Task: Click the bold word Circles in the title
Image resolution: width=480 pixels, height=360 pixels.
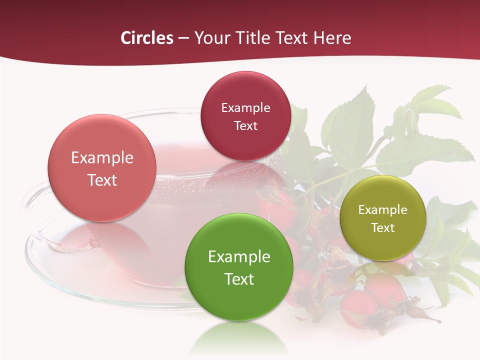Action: point(147,38)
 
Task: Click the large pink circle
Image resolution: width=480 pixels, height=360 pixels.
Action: point(102,168)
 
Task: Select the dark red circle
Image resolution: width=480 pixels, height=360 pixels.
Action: point(245,116)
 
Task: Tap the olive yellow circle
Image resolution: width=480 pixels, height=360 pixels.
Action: point(383,218)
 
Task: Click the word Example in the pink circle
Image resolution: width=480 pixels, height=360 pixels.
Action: point(102,157)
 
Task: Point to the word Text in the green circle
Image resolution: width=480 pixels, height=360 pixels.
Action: point(239,279)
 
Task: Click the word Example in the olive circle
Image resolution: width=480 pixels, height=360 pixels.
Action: point(383,210)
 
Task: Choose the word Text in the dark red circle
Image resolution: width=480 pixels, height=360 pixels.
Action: point(245,126)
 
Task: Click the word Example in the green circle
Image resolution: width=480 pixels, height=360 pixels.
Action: point(239,257)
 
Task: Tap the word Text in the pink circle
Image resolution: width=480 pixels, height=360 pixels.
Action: point(102,180)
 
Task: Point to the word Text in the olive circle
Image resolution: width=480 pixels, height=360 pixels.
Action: point(383,228)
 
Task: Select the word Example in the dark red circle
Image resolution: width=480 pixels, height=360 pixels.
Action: point(245,108)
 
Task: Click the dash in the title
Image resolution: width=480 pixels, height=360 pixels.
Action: point(183,38)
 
